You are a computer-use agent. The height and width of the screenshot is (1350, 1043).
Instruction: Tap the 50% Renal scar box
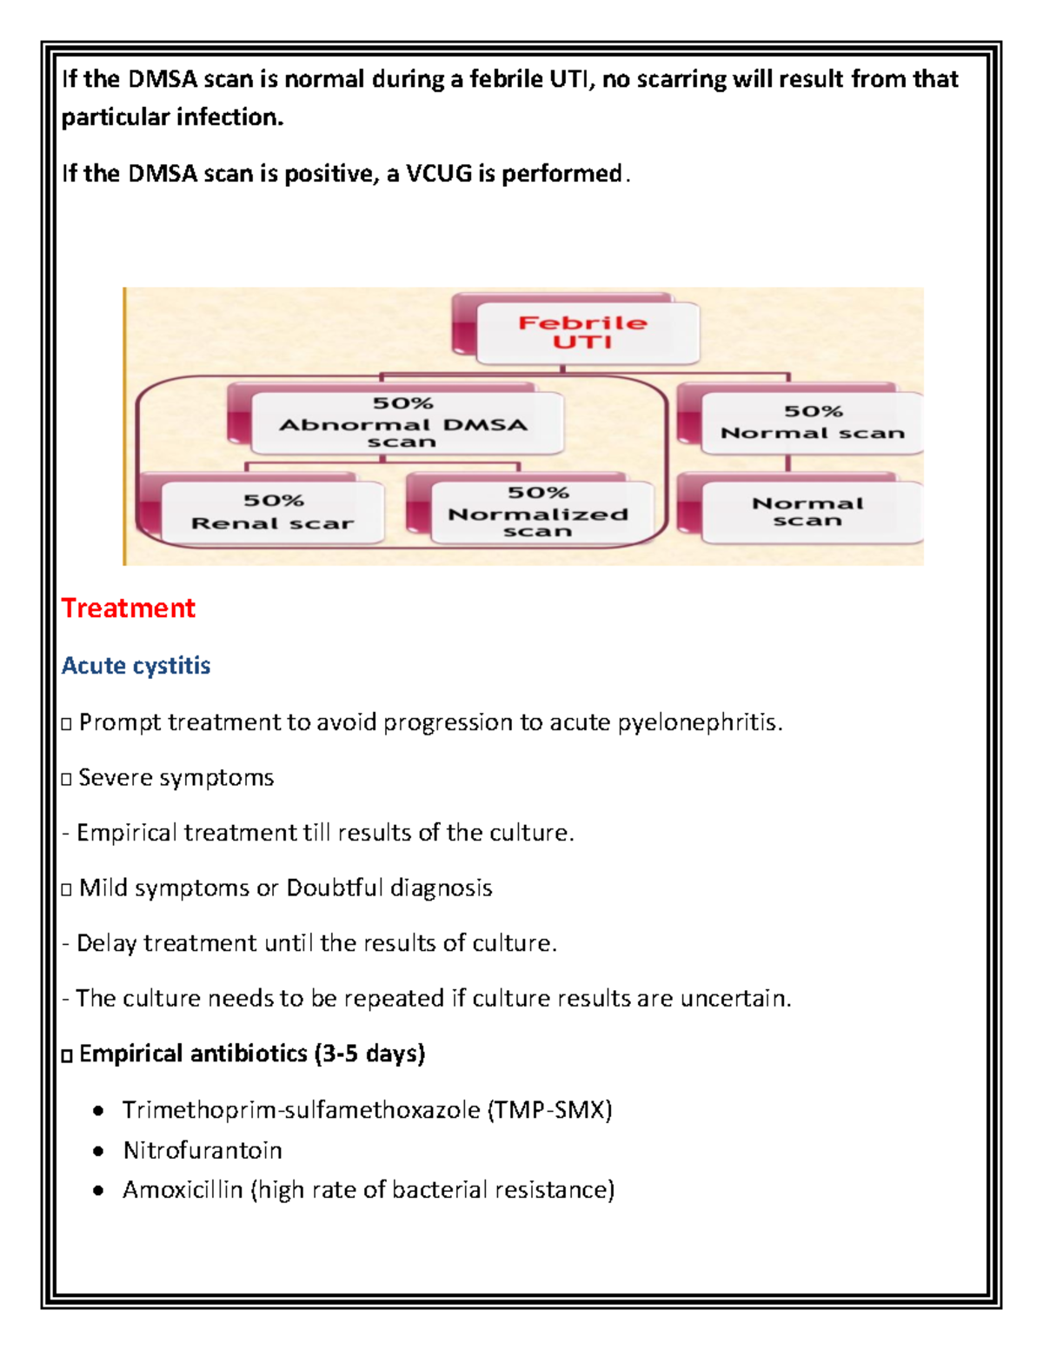(272, 512)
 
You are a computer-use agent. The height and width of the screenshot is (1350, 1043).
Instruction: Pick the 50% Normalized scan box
(539, 512)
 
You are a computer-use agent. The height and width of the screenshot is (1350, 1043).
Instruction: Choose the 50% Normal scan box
(813, 422)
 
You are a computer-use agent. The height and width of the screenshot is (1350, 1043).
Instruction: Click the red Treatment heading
(128, 608)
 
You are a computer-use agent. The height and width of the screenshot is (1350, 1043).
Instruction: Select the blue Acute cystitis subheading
(136, 666)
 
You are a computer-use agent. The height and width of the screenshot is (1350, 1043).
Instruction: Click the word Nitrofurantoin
(203, 1151)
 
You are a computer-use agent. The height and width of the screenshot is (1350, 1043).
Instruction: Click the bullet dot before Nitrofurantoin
(99, 1152)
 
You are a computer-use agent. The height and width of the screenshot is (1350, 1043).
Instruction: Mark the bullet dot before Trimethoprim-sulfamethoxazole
(99, 1111)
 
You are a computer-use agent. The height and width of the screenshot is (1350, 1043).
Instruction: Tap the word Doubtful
(335, 888)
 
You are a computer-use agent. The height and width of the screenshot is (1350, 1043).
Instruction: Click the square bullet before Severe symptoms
(67, 779)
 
